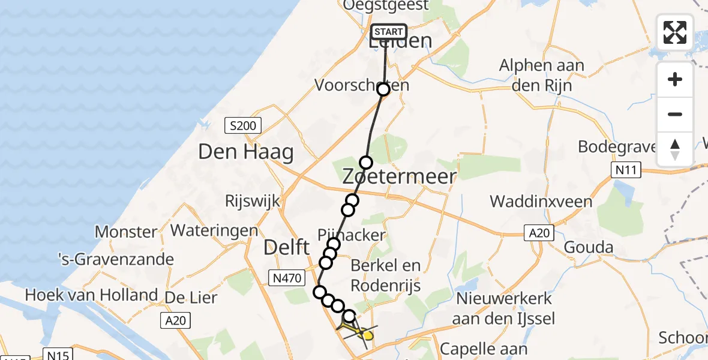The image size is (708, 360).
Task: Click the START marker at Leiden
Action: pyautogui.click(x=389, y=32)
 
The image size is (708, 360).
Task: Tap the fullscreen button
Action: pyautogui.click(x=675, y=32)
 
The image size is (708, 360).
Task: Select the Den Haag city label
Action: pyautogui.click(x=246, y=152)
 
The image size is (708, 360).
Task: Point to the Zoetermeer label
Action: pyautogui.click(x=399, y=176)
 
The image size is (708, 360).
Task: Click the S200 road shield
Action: pyautogui.click(x=243, y=126)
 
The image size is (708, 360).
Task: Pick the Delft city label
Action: pyautogui.click(x=287, y=247)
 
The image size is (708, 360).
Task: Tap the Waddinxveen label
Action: pyautogui.click(x=541, y=201)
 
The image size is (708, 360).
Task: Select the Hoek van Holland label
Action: pyautogui.click(x=91, y=295)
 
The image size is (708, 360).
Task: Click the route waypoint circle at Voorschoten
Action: pyautogui.click(x=383, y=89)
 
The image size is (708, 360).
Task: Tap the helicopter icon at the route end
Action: pyautogui.click(x=358, y=330)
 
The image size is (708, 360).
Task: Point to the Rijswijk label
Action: pyautogui.click(x=253, y=201)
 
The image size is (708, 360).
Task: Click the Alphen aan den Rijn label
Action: pyautogui.click(x=542, y=75)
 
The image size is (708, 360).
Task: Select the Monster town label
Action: pyautogui.click(x=126, y=232)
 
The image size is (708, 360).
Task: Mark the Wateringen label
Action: pyautogui.click(x=214, y=230)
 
